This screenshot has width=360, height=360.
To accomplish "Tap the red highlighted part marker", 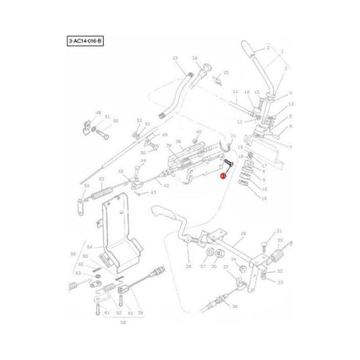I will pyautogui.click(x=223, y=177).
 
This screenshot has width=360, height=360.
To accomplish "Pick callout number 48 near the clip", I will pyautogui.click(x=98, y=112).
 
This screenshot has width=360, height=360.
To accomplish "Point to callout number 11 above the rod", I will pyautogui.click(x=235, y=91).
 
